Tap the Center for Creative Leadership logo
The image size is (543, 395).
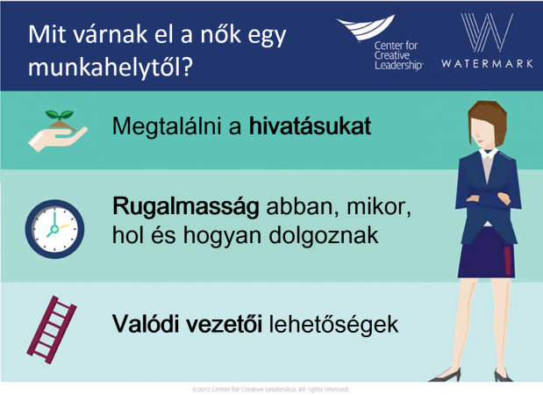tap(379, 42)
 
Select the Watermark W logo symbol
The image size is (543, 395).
tap(487, 33)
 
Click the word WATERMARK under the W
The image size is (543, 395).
tap(487, 64)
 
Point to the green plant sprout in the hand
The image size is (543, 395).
tap(60, 114)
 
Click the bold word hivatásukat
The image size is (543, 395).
tap(310, 126)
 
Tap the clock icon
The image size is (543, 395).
tap(54, 229)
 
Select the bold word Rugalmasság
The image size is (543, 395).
tap(186, 207)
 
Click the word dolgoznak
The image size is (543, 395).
tap(324, 235)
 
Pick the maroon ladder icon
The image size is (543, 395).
tap(52, 329)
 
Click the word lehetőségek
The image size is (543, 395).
tap(334, 325)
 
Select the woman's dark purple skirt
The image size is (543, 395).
tap(486, 253)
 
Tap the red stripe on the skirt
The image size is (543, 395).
tap(507, 260)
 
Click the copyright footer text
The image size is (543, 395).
tap(271, 390)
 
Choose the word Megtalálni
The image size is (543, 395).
tap(167, 126)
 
